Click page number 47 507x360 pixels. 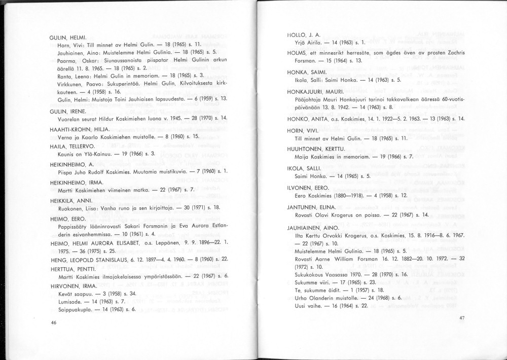pos(461,318)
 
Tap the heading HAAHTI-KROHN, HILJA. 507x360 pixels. pos(79,129)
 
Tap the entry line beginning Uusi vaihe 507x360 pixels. pos(331,306)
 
